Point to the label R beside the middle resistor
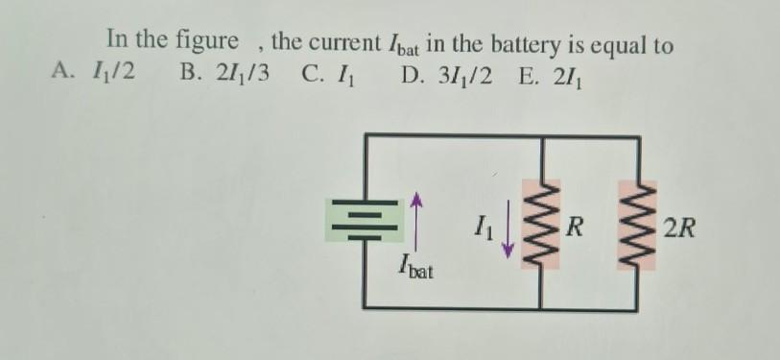pos(575,228)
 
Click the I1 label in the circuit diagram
pos(485,229)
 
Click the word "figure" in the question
pos(209,43)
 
